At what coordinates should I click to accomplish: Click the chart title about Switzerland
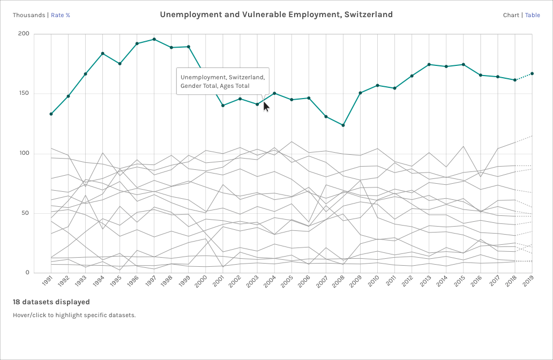click(276, 14)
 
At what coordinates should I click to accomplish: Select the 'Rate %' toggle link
click(61, 15)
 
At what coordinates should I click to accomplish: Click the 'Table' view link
click(533, 15)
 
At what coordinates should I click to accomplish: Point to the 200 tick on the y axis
click(24, 34)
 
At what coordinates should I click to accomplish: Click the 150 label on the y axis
click(24, 94)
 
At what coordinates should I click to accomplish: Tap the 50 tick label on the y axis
click(26, 213)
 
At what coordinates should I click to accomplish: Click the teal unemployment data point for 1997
click(154, 39)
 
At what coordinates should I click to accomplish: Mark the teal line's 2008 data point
click(343, 125)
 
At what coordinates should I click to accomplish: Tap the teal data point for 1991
click(51, 114)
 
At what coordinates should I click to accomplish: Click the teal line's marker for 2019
click(532, 73)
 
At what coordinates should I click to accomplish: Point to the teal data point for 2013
click(429, 65)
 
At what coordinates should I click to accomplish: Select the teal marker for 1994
click(102, 54)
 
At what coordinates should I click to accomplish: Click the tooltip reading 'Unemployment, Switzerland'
click(222, 81)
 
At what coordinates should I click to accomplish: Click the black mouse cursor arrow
click(266, 107)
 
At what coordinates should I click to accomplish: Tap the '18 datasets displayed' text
click(51, 302)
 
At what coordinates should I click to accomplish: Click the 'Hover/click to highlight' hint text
click(74, 315)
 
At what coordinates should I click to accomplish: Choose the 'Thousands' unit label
click(29, 15)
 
